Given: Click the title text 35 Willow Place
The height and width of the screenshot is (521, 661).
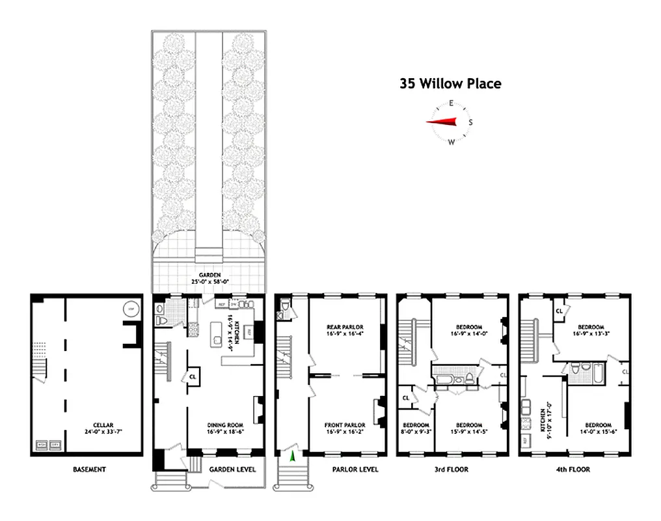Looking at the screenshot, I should (450, 83).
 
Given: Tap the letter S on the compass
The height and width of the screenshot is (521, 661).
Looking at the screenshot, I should (471, 122).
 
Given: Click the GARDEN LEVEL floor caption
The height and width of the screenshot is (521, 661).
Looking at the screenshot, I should (232, 469).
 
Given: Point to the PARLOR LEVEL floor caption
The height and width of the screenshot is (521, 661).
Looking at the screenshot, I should (355, 469).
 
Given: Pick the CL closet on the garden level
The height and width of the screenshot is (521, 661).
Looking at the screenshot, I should (193, 376).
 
